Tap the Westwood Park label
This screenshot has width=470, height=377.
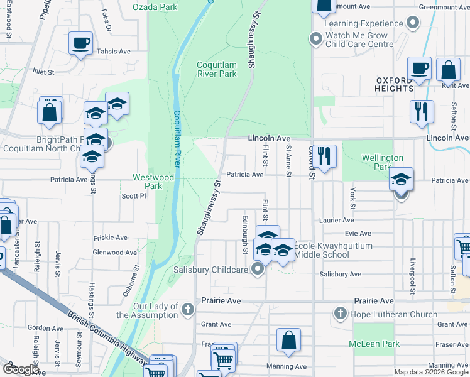[x=153, y=182]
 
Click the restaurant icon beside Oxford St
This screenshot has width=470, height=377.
[x=324, y=155]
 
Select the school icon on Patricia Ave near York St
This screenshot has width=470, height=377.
[x=401, y=178]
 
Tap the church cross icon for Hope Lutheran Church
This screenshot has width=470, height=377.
[x=340, y=313]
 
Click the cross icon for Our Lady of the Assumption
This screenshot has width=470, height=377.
[x=187, y=309]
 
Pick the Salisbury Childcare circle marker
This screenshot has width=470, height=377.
[x=257, y=270]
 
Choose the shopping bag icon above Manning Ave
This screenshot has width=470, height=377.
[x=288, y=339]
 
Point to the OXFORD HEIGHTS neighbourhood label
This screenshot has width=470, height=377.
[x=403, y=84]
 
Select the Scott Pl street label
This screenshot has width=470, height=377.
[x=133, y=196]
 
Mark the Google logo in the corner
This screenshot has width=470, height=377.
[x=20, y=369]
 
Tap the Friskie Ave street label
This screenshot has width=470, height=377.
[x=110, y=238]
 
